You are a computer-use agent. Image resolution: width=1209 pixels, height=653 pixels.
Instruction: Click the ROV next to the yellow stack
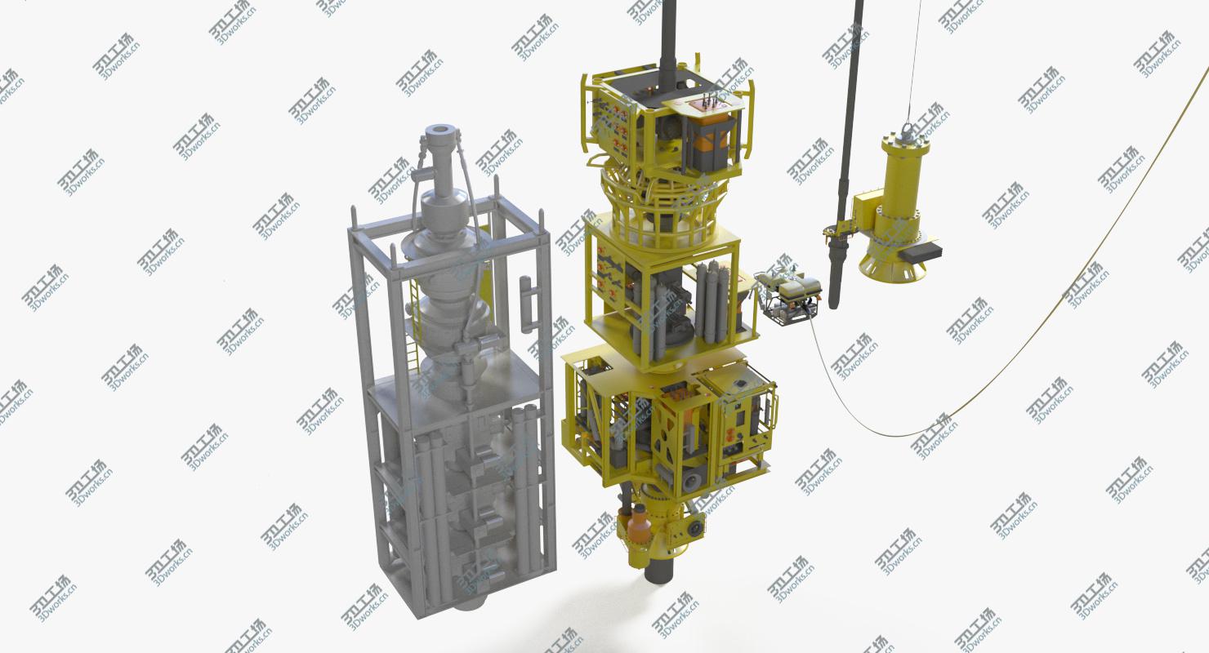[x=789, y=293]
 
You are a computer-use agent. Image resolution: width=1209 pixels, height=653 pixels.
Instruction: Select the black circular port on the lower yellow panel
[x=695, y=529]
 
